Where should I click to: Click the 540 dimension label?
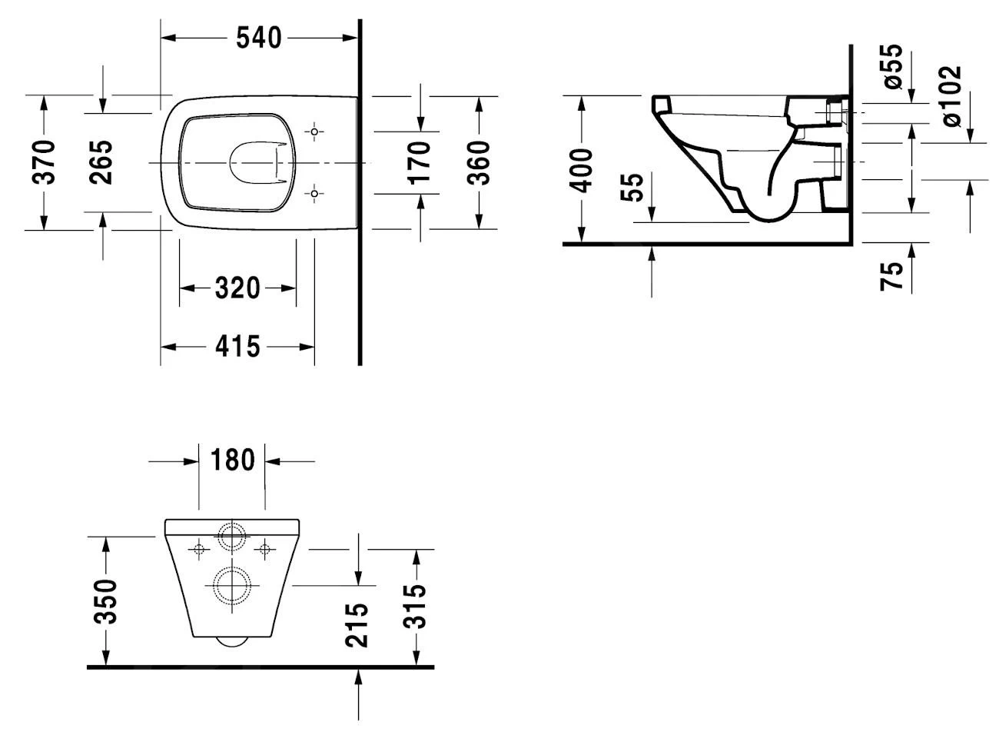coord(259,37)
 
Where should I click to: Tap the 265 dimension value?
coord(101,162)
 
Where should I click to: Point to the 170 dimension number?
coord(420,162)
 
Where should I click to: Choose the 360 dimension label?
coord(480,162)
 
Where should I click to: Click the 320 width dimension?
coord(237,288)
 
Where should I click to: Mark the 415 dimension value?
coord(237,347)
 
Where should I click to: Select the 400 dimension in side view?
coord(582,170)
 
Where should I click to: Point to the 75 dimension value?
coord(892,276)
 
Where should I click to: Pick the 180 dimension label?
coord(231,461)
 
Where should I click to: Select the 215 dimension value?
coord(357,624)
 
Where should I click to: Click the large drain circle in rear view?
coord(231,586)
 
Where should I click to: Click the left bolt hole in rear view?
coord(198,549)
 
